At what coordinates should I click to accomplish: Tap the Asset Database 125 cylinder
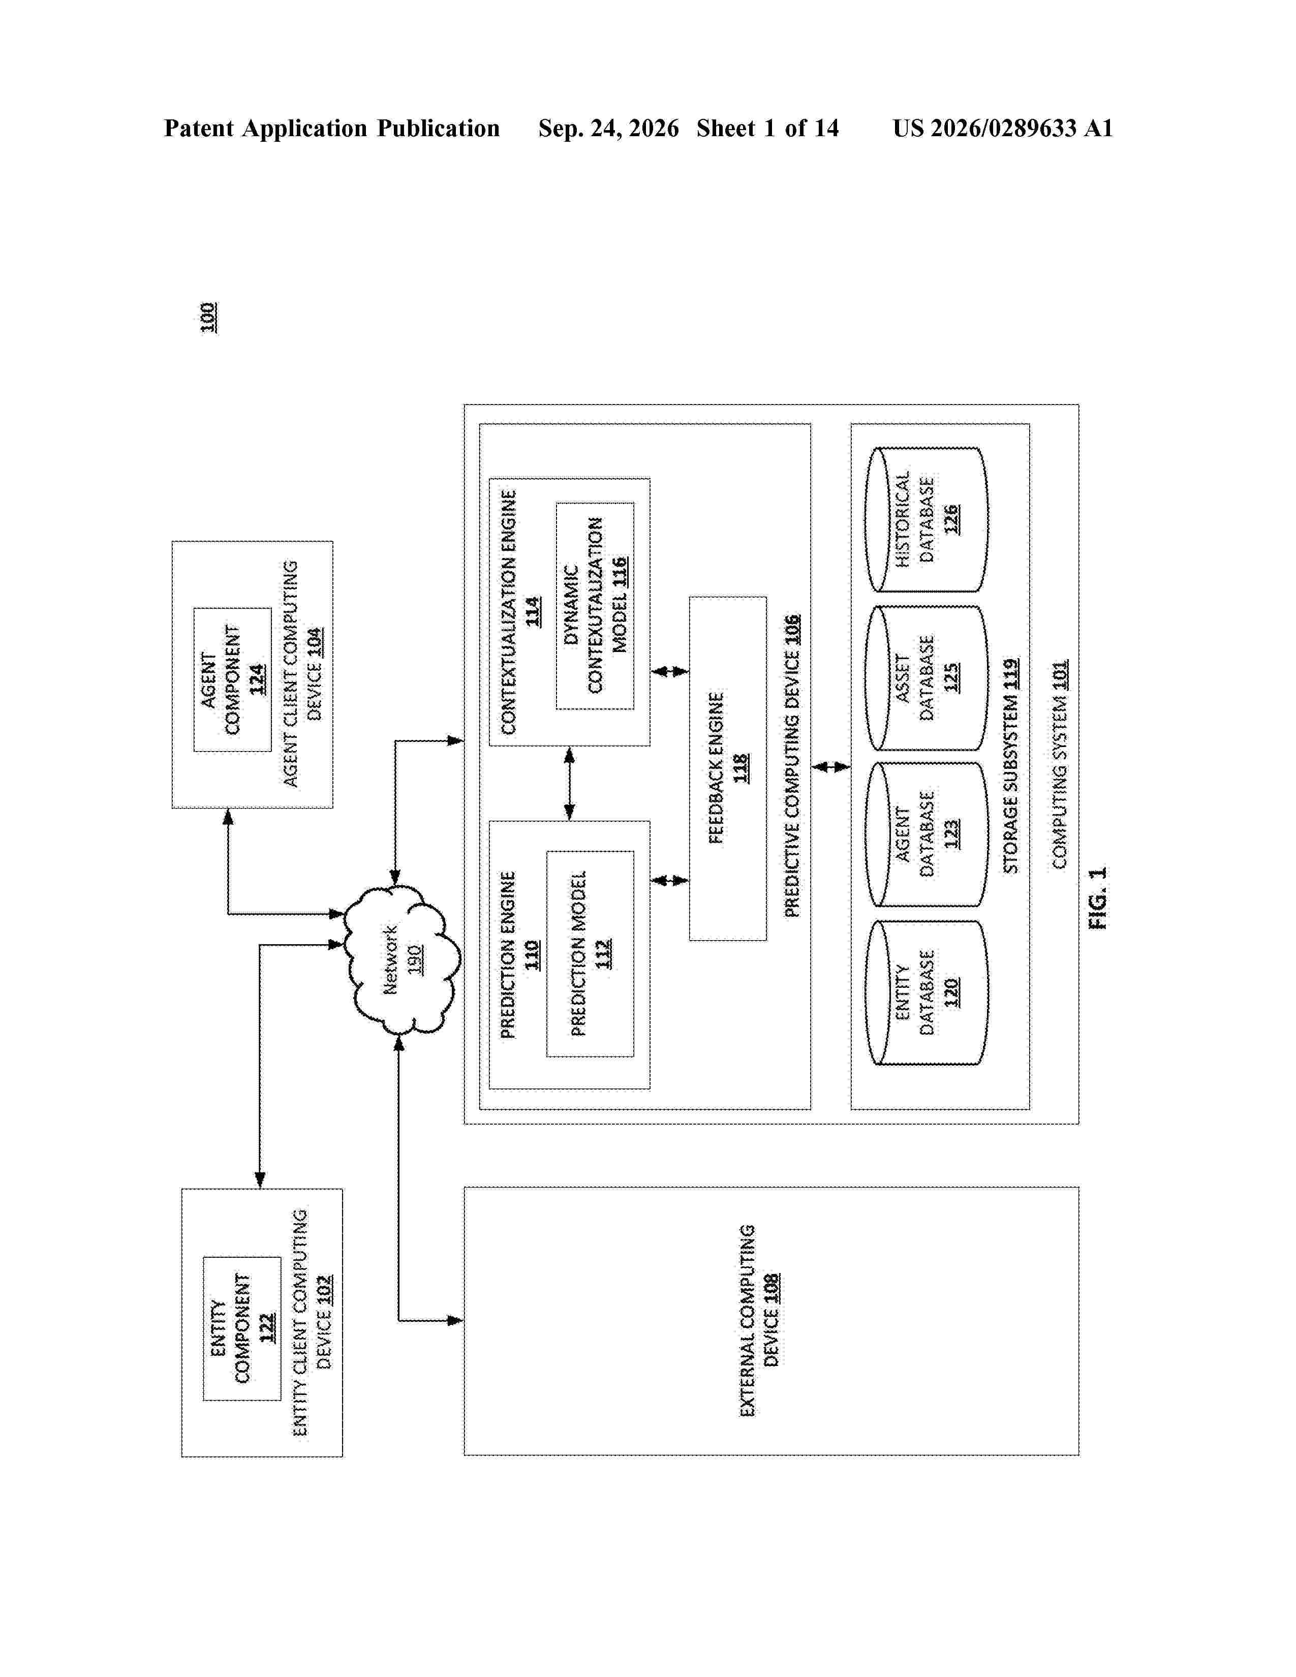(x=926, y=678)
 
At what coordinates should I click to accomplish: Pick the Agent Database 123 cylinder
(x=926, y=834)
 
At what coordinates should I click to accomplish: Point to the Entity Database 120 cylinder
(x=926, y=993)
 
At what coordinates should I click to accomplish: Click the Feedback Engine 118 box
(x=728, y=768)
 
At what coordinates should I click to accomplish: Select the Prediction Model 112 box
(x=590, y=954)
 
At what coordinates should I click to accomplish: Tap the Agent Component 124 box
(x=232, y=679)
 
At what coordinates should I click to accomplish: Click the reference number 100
(x=208, y=318)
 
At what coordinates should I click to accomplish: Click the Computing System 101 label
(x=1060, y=765)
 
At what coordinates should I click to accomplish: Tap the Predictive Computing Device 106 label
(x=791, y=765)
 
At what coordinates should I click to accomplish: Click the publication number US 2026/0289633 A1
(x=1003, y=128)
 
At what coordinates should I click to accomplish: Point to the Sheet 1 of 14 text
(x=768, y=128)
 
